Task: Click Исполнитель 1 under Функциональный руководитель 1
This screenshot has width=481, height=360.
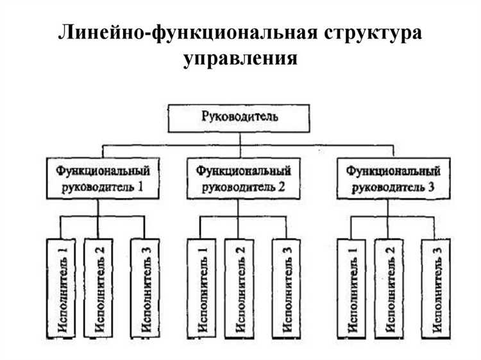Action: click(62, 288)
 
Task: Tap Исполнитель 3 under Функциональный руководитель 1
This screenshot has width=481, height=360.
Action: click(145, 288)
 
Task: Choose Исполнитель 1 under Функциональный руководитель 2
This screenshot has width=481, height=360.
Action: click(200, 288)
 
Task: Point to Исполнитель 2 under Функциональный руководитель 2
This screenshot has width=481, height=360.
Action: click(239, 288)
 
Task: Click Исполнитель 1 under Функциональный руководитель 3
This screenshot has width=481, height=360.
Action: click(351, 288)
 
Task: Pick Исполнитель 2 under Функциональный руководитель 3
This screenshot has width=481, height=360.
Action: click(389, 288)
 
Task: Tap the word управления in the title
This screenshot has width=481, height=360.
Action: click(240, 60)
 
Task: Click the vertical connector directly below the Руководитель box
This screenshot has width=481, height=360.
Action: click(239, 141)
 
